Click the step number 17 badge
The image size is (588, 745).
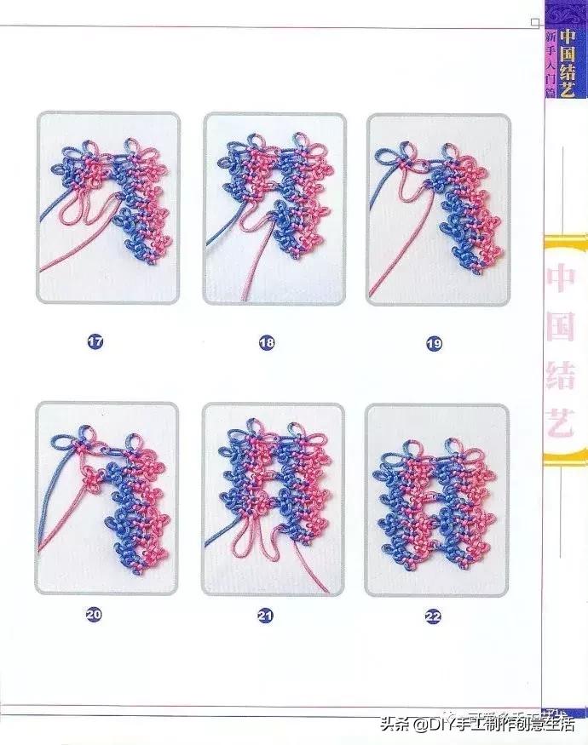(95, 342)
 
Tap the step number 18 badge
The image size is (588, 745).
(267, 343)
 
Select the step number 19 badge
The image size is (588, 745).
(434, 344)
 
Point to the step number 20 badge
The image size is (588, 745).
(94, 613)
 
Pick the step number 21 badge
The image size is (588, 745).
(266, 614)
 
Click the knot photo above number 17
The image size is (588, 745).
(107, 208)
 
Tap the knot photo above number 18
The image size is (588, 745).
(274, 209)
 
